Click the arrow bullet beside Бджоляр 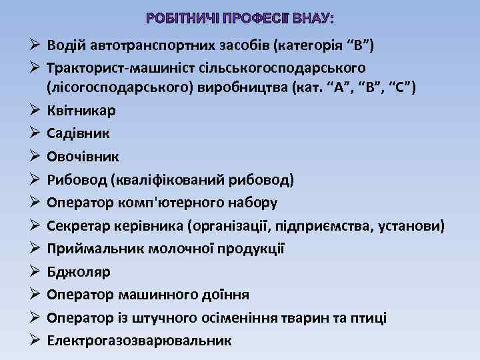click(x=35, y=271)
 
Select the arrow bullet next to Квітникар click(x=35, y=111)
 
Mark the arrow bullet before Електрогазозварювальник click(x=35, y=340)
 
